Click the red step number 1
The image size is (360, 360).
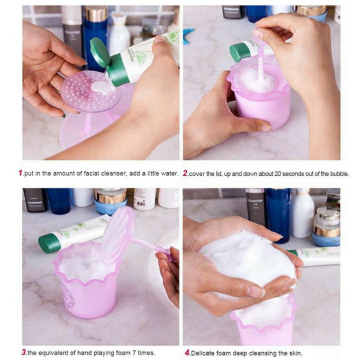20,173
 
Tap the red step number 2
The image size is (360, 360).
185,173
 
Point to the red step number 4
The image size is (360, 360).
187,352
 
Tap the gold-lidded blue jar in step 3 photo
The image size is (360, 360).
110,201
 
